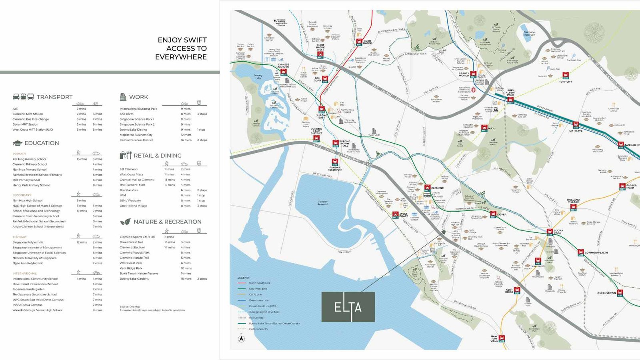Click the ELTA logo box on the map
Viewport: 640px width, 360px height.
[348, 307]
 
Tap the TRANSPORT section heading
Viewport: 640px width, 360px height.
[54, 97]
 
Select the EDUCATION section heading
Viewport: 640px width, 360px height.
[42, 143]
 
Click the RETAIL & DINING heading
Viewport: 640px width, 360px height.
[157, 156]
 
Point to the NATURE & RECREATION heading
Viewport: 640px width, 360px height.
[167, 222]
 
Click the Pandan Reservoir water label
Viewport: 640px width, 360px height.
[323, 203]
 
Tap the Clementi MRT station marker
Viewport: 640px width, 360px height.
[428, 188]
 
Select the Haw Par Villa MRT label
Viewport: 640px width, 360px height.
[494, 338]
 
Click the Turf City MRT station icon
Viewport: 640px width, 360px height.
[566, 75]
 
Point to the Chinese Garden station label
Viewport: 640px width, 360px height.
[283, 65]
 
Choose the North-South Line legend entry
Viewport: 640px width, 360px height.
[260, 283]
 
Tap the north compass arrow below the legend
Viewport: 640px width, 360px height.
[241, 338]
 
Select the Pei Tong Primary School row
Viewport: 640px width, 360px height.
[30, 159]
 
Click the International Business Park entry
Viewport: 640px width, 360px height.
[138, 109]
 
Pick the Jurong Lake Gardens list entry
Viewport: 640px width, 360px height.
[134, 279]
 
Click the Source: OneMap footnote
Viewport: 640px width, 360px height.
[130, 306]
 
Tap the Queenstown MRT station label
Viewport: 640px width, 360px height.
[606, 293]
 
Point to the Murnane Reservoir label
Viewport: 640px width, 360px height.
[529, 33]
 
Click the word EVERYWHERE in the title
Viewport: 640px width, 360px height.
[181, 57]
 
